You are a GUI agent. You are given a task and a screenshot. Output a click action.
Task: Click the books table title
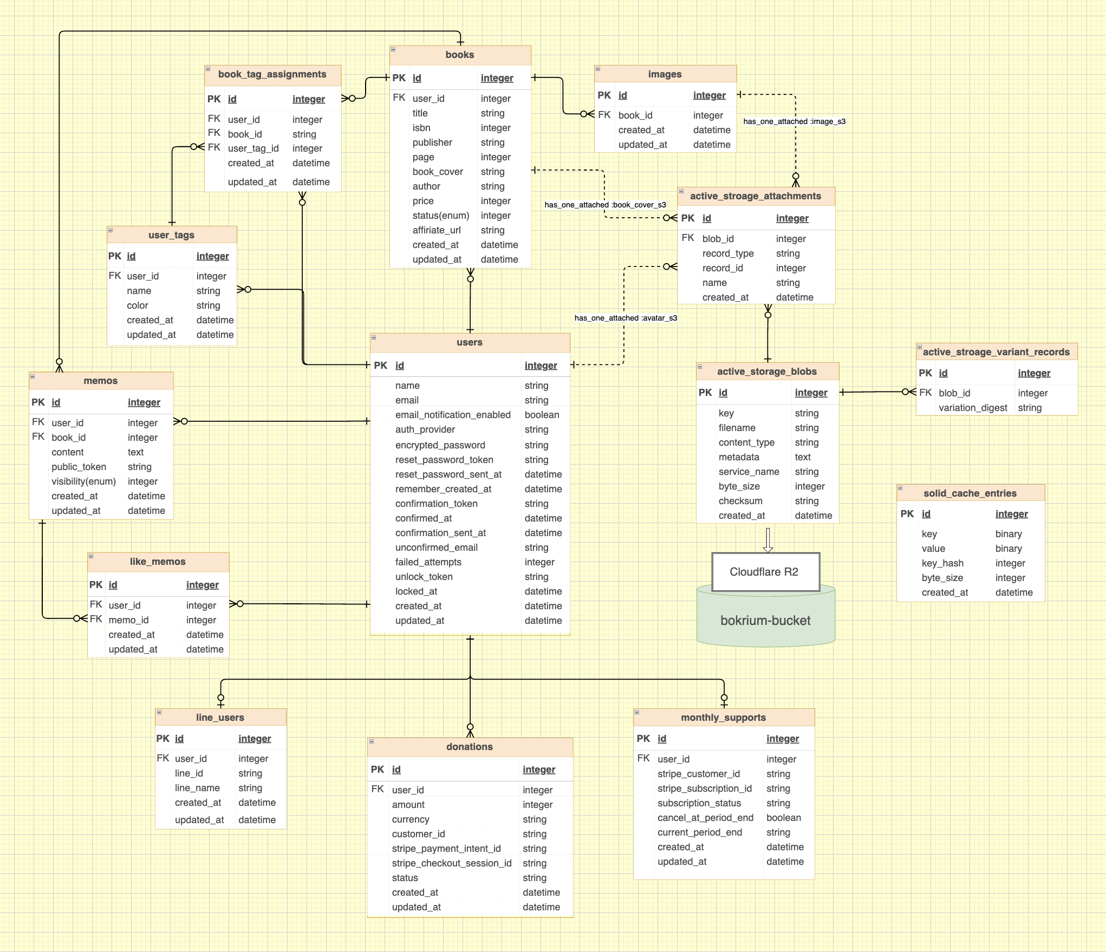click(459, 55)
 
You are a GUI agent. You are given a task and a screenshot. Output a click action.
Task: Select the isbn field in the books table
click(421, 128)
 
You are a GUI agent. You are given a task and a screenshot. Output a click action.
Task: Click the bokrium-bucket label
click(765, 621)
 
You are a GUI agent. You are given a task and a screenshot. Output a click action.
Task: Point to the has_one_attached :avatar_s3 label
click(626, 318)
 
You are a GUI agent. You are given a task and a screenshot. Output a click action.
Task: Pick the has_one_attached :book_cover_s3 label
click(605, 205)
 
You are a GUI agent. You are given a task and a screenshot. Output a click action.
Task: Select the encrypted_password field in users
click(440, 445)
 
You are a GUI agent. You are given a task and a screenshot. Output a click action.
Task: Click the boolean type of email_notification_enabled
click(542, 415)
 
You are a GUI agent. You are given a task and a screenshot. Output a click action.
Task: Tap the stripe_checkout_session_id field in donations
click(452, 863)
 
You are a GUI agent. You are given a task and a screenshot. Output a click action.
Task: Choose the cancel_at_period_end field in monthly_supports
click(705, 818)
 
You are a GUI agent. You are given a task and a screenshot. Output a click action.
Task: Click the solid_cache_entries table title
click(970, 493)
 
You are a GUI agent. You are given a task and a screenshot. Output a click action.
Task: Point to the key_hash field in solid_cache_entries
click(942, 563)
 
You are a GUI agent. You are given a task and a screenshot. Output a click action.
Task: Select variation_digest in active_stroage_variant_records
click(973, 408)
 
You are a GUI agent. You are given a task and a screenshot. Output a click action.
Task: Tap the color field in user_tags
click(138, 305)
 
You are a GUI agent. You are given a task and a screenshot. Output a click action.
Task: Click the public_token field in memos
click(79, 467)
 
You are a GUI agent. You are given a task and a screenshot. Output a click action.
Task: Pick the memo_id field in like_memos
click(128, 620)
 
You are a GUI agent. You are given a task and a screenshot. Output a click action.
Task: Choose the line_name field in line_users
click(197, 788)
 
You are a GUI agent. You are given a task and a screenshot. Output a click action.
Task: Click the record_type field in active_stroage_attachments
click(728, 253)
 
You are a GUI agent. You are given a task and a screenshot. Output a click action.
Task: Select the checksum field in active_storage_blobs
click(740, 501)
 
